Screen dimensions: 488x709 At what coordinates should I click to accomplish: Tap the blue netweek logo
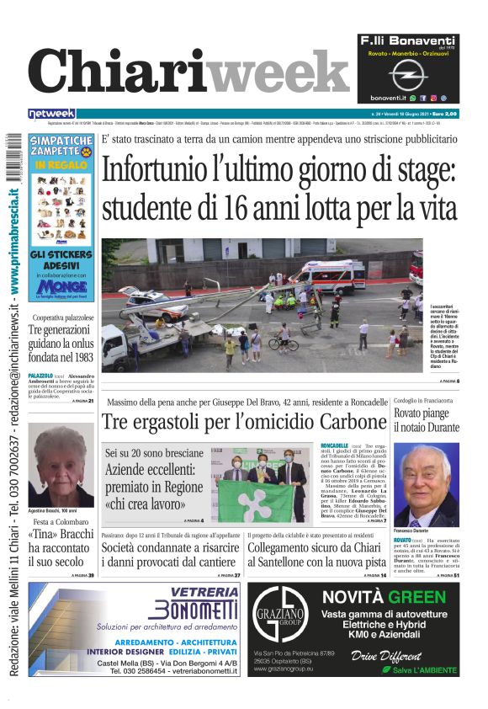(51, 114)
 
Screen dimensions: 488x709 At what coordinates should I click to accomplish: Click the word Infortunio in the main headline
(171, 170)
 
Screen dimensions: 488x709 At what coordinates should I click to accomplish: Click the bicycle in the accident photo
(283, 342)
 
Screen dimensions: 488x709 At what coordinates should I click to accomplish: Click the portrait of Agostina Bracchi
(61, 465)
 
